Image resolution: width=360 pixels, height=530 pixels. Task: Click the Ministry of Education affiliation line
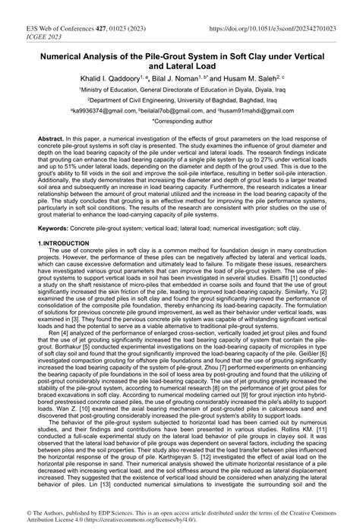179,90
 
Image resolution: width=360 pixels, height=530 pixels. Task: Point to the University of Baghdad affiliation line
179,99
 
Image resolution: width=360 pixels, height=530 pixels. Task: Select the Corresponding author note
180,121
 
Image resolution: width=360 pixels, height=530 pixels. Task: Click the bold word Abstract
64,141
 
